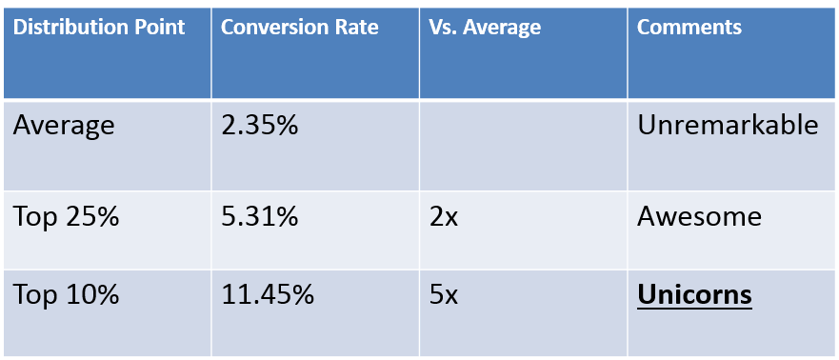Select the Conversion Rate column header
pos(299,27)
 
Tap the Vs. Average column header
pos(486,27)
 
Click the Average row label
pos(64,126)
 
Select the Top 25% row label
pos(66,217)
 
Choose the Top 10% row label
pos(66,295)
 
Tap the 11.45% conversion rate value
pos(268,295)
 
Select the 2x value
pos(445,217)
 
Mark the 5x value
pos(445,295)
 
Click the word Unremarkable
pos(728,126)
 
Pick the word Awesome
pos(699,217)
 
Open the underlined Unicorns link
pos(694,295)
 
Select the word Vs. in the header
pos(445,27)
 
